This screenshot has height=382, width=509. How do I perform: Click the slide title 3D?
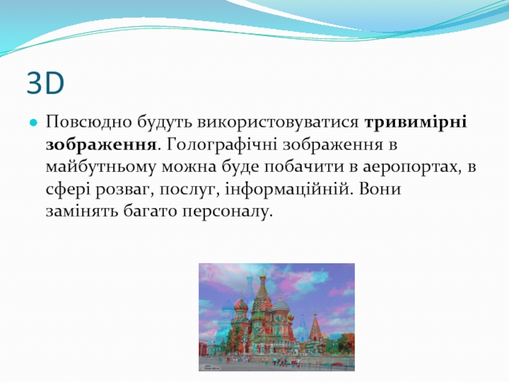[45, 83]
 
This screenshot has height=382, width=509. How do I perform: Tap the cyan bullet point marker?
[34, 123]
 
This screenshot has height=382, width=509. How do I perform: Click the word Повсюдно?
[88, 122]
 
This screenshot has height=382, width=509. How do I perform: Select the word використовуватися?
[278, 123]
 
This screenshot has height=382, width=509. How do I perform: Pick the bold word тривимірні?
[416, 123]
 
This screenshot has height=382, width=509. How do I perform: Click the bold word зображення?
[101, 145]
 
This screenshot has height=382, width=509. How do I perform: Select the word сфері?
[68, 189]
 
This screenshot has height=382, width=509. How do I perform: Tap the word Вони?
[380, 189]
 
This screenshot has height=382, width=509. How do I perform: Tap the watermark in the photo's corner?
[211, 367]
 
